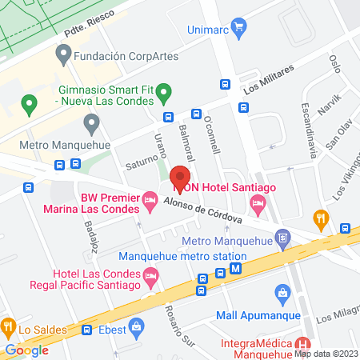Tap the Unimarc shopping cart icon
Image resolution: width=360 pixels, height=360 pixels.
pyautogui.click(x=238, y=27)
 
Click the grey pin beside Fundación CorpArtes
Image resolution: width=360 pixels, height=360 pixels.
pyautogui.click(x=62, y=55)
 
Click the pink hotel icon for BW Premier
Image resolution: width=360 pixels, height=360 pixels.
pyautogui.click(x=150, y=202)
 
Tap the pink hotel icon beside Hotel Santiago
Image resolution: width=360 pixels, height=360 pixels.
pyautogui.click(x=258, y=206)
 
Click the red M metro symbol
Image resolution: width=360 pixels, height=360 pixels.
pyautogui.click(x=235, y=270)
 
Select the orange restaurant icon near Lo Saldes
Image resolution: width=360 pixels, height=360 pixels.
pyautogui.click(x=8, y=326)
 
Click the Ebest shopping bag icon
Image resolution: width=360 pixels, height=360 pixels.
pyautogui.click(x=136, y=326)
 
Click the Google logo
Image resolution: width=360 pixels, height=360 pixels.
pyautogui.click(x=26, y=350)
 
